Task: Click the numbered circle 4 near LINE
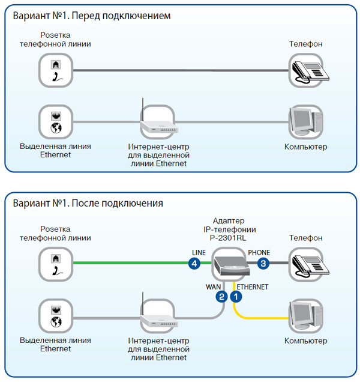pos(194,264)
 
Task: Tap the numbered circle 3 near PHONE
pos(263,264)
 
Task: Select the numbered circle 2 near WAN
pos(222,296)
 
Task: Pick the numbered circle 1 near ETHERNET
pos(236,296)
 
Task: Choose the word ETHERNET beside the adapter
pos(253,286)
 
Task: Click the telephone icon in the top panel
pos(307,71)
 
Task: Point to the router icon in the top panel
pos(157,124)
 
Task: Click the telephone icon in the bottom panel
pos(307,263)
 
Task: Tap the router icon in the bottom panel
pos(157,315)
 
